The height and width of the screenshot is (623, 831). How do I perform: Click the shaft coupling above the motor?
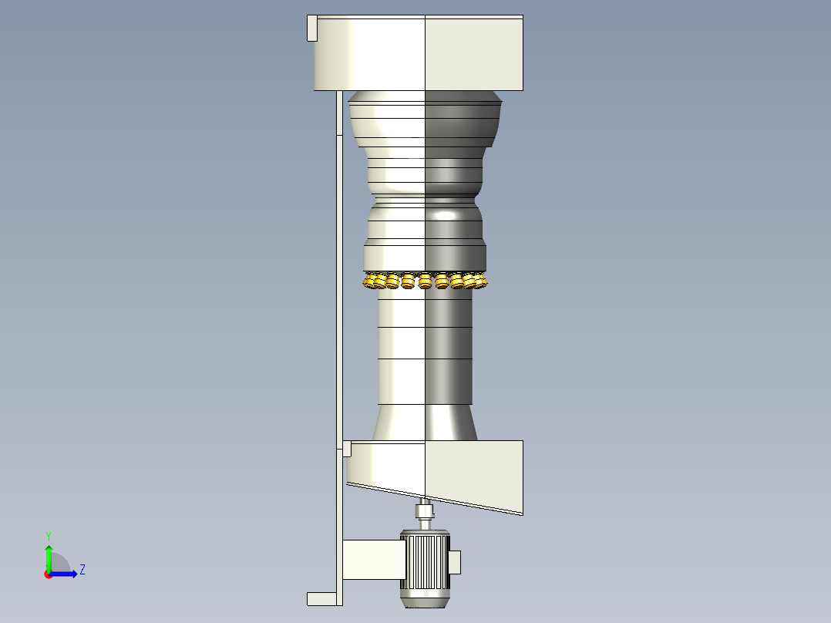tap(424, 511)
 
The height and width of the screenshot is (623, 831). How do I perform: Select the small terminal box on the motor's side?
tap(455, 562)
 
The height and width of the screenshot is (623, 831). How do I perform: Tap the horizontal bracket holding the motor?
tap(372, 560)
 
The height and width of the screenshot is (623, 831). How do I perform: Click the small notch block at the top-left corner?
tap(312, 28)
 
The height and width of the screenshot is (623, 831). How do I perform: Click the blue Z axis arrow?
tap(66, 573)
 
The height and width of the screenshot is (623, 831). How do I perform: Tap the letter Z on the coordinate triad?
tap(82, 570)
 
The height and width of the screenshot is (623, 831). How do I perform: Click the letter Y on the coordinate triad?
tap(49, 535)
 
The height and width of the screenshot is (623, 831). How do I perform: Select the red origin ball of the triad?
tap(49, 574)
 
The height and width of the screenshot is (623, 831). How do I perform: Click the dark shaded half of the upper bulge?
tap(463, 120)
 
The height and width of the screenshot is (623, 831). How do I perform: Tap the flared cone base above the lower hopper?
tap(425, 423)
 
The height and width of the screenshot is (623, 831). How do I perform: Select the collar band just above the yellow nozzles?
tap(425, 256)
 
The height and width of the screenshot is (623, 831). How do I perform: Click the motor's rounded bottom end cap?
tap(425, 601)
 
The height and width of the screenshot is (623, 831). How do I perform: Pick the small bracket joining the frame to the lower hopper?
tap(346, 448)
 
